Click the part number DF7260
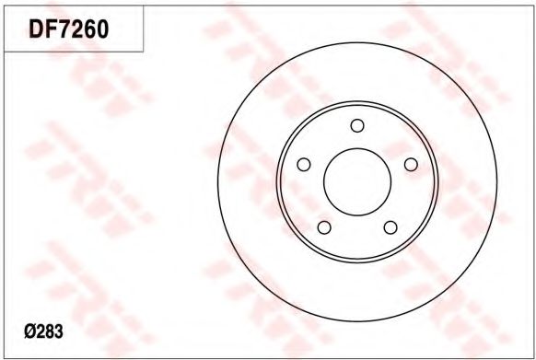tap(69, 29)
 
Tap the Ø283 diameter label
tap(44, 331)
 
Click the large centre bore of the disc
tap(357, 182)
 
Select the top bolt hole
tap(357, 125)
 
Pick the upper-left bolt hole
tap(304, 165)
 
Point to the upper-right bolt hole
tap(411, 165)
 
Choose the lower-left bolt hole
tap(324, 227)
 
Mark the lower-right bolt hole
tap(390, 227)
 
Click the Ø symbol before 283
tap(30, 331)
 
